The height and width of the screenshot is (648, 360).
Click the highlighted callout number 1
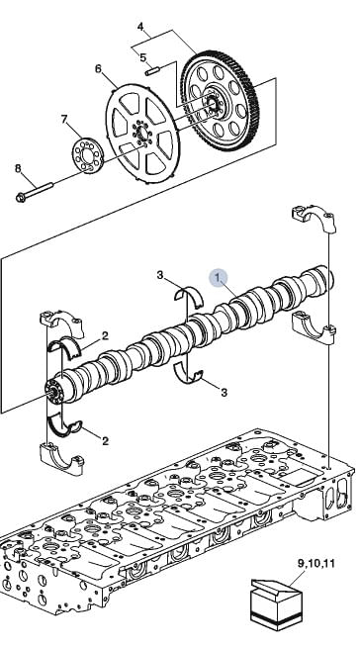(x=218, y=276)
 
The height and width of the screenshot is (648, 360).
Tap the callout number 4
(x=140, y=27)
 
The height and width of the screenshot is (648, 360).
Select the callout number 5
(x=142, y=57)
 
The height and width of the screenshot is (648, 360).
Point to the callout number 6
(x=98, y=68)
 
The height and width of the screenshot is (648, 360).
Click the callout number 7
(x=64, y=119)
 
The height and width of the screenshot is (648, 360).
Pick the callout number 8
(x=18, y=168)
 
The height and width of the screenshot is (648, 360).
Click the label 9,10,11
(x=315, y=563)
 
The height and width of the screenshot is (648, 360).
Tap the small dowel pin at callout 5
(x=152, y=70)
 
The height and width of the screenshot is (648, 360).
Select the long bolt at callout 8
(x=35, y=192)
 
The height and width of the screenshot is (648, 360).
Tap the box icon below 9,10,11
(x=277, y=605)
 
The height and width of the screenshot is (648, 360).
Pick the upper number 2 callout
(x=105, y=336)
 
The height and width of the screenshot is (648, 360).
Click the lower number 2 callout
(x=105, y=441)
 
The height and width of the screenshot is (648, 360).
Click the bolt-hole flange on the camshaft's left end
(x=54, y=391)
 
